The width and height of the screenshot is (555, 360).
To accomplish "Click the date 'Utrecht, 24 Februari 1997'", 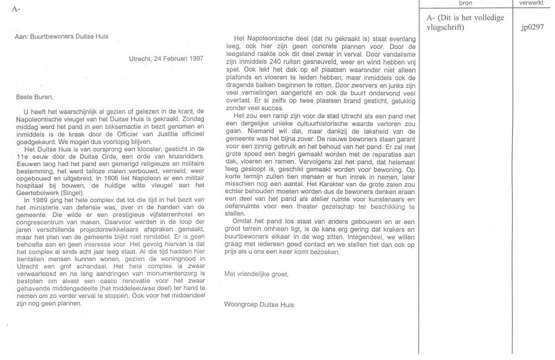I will pos(165,58).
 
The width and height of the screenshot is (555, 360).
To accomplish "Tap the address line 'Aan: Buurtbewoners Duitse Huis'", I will pos(61,37).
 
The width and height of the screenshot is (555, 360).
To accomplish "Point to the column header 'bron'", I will pos(466,3).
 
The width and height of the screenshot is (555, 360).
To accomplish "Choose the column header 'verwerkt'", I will pos(532,3).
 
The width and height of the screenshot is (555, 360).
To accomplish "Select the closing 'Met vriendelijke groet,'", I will pos(256,273).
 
